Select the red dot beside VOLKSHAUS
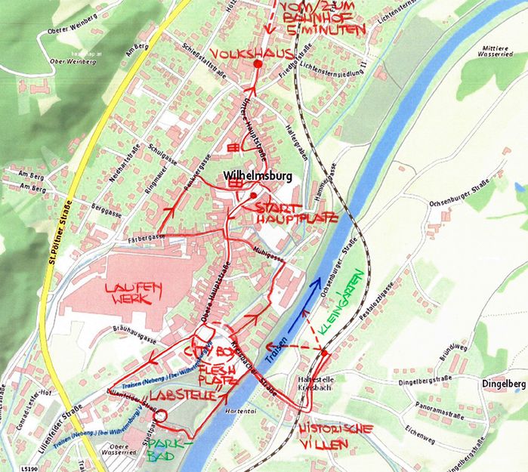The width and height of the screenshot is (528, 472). [258, 65]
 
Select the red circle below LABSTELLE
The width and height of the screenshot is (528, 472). [159, 415]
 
